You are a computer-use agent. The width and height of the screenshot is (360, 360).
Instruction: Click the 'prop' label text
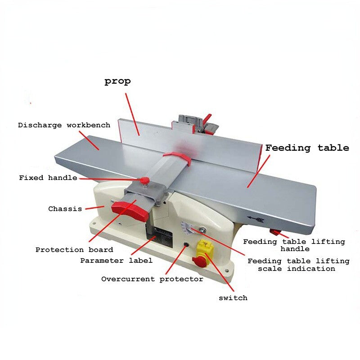coord(117,81)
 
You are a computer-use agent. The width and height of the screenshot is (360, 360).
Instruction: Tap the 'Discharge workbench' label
coord(64,125)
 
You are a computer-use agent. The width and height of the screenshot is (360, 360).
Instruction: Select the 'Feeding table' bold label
coord(307,148)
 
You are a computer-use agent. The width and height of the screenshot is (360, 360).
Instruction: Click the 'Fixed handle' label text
coord(48,178)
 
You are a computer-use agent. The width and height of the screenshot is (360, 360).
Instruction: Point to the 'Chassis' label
coord(65,209)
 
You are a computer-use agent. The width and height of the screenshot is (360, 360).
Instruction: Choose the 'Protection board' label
coord(74,250)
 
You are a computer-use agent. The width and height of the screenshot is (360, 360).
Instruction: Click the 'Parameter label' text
coord(116,261)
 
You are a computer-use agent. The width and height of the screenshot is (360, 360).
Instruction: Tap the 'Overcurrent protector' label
coord(152,279)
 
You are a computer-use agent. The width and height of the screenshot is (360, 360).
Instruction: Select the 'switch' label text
coord(233,298)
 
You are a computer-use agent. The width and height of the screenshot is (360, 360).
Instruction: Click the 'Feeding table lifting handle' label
coord(294,245)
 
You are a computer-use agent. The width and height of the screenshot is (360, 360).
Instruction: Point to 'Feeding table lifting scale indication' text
coord(298,265)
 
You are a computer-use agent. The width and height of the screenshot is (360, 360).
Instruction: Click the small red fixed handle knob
coord(145,180)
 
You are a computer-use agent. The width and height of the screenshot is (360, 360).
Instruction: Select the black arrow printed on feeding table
coord(256,220)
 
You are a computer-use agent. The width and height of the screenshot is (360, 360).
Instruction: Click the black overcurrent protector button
coord(186,245)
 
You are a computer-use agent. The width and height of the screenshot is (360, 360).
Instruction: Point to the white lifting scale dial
coord(188,229)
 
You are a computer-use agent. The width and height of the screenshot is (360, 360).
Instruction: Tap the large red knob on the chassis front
coord(130,211)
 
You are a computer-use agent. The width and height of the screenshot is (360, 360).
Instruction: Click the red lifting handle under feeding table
coord(275,232)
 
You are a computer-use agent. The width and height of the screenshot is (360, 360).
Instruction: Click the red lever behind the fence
coord(207,118)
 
